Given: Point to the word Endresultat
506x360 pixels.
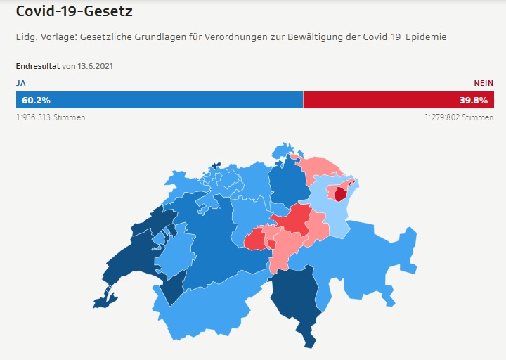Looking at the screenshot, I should [38, 66].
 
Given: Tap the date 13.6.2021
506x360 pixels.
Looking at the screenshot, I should [95, 66].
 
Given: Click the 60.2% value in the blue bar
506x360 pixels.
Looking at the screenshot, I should [36, 100].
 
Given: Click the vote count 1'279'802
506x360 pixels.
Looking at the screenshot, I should [441, 117].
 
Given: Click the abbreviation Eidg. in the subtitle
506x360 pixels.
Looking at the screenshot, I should [27, 36].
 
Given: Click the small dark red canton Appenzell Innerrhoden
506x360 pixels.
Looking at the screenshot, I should [341, 194].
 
